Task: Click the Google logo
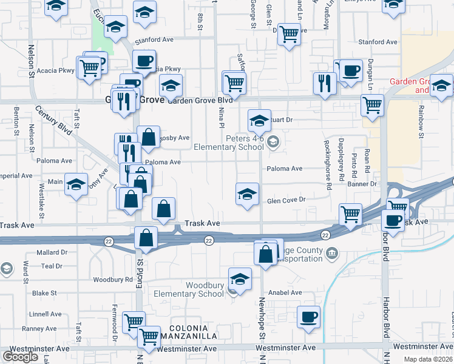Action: coord(20,357)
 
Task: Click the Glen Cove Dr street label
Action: coord(285,200)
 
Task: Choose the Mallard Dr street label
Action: coord(50,252)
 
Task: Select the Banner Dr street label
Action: coord(364,184)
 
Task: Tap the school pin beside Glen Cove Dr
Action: coord(247,194)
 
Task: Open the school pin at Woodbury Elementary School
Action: coord(240,279)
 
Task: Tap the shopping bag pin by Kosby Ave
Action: coord(148,137)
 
